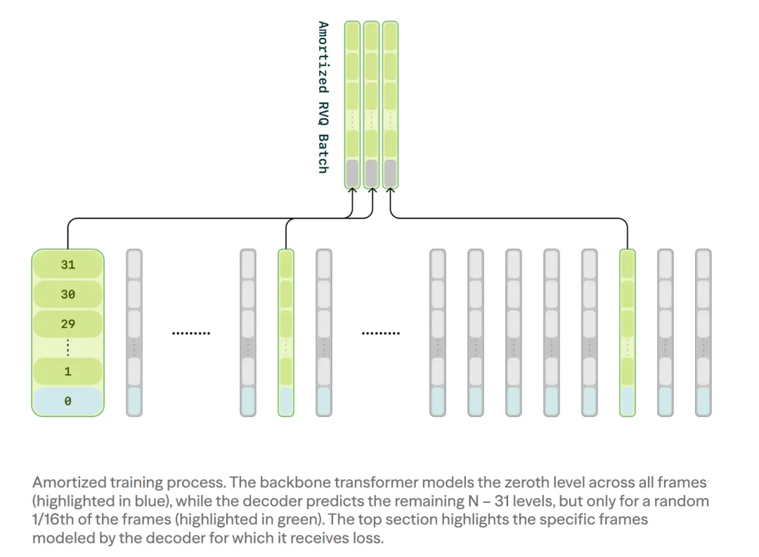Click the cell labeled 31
pos(67,265)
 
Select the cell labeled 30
pos(67,295)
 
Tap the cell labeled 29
pos(67,324)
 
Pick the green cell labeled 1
pos(67,372)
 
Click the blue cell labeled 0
pos(67,402)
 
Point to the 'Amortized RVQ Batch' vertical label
pos(323,97)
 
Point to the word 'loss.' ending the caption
pos(371,538)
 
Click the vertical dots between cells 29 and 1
pos(67,347)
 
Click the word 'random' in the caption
pos(682,501)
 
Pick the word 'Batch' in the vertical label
pos(323,153)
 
